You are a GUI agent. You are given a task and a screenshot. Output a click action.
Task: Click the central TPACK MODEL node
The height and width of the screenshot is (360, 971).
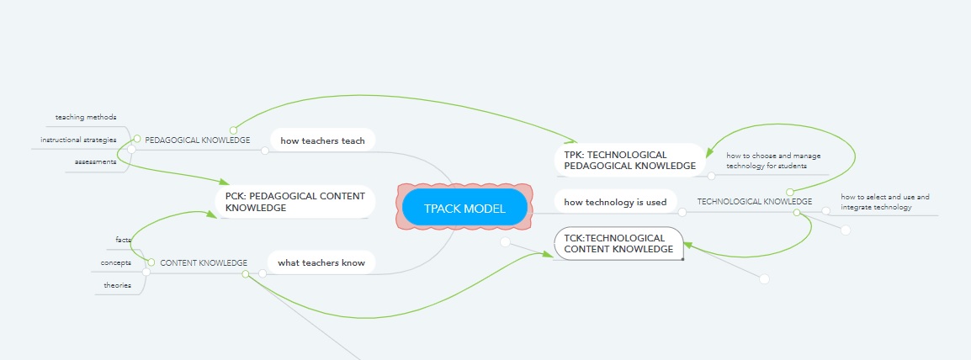(x=464, y=208)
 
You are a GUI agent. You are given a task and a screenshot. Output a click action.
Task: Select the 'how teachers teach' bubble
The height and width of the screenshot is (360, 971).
(x=322, y=140)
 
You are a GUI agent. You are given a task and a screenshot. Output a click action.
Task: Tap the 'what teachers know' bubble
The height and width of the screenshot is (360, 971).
(x=321, y=262)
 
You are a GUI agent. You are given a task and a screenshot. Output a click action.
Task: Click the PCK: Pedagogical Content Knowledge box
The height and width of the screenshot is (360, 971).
(x=294, y=202)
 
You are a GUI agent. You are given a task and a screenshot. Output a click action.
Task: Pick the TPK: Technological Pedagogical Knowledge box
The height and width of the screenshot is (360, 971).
(x=629, y=160)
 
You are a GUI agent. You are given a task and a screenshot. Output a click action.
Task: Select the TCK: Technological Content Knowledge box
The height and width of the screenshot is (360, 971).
(x=618, y=243)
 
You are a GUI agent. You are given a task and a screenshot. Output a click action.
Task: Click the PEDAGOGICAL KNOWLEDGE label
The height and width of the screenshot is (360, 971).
(x=198, y=140)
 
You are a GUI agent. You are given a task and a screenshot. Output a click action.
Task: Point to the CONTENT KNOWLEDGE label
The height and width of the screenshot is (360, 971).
(x=204, y=262)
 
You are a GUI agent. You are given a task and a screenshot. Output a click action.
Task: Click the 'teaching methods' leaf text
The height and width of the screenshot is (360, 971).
(x=86, y=117)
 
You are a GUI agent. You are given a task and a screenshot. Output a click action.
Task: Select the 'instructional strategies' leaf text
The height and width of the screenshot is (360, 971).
(x=78, y=139)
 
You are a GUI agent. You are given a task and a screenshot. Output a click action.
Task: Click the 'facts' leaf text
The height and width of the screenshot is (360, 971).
(x=123, y=240)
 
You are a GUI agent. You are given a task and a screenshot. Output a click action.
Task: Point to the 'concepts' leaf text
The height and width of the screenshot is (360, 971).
(x=116, y=262)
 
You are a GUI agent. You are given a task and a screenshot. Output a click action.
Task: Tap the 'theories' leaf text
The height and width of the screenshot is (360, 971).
(x=118, y=285)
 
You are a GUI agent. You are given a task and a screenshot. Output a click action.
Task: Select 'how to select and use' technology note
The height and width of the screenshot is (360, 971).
(x=884, y=202)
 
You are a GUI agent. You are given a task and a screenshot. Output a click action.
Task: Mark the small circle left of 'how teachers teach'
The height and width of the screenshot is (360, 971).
(x=265, y=151)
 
